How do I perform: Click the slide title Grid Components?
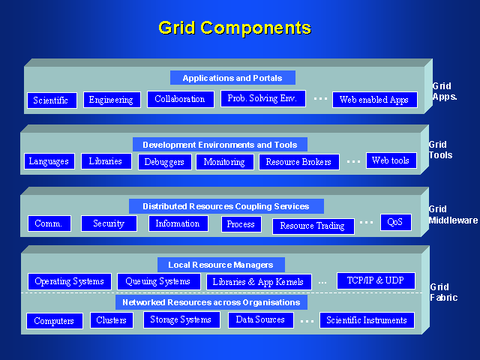click(x=234, y=28)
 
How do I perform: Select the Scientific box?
click(x=52, y=100)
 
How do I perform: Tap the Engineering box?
click(x=111, y=100)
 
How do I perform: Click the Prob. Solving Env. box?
click(x=263, y=98)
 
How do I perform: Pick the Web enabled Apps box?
click(x=374, y=100)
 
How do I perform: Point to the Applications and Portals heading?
click(x=232, y=78)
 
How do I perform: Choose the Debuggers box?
click(x=164, y=162)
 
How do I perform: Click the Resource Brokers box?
click(x=299, y=162)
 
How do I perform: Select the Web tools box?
click(x=391, y=160)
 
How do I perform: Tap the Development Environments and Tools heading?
click(x=220, y=145)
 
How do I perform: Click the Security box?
click(x=109, y=223)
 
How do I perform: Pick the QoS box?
click(x=395, y=222)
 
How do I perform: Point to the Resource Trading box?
click(x=312, y=226)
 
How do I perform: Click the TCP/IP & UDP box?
click(x=376, y=280)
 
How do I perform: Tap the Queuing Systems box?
click(x=157, y=281)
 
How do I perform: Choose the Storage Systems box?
click(x=181, y=319)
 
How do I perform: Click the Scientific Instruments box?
click(x=367, y=320)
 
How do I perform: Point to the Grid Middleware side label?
click(x=453, y=215)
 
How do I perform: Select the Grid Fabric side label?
click(x=442, y=292)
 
